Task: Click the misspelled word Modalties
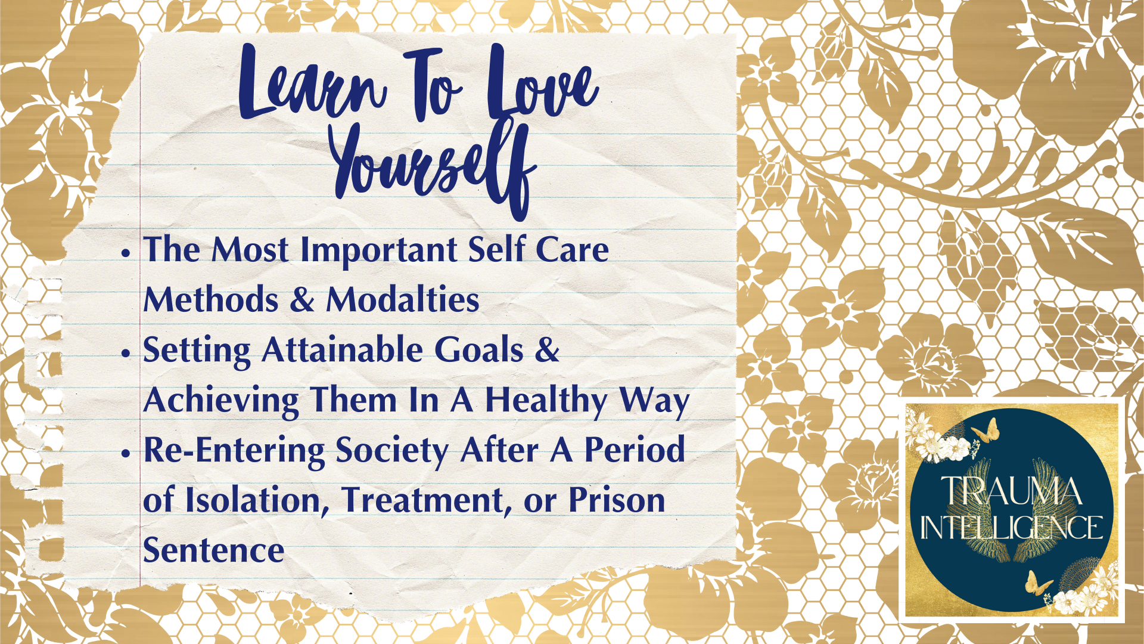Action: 403,299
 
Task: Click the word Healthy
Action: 546,401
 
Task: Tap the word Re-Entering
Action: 234,451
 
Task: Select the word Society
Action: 393,451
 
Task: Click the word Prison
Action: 617,500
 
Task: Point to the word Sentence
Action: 213,550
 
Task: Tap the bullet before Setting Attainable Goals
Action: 125,353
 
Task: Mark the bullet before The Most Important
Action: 125,253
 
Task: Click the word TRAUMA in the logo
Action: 1011,492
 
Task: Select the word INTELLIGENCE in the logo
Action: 1011,527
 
